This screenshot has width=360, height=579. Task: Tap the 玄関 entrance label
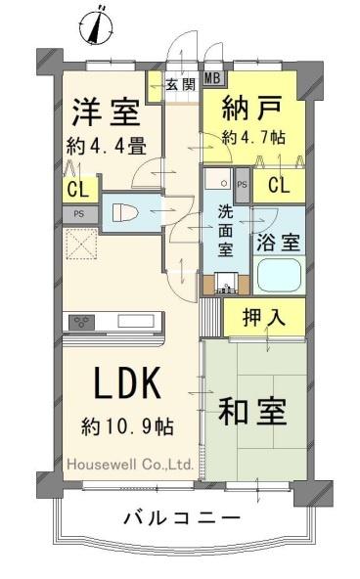click(179, 84)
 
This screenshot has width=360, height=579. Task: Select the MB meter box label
click(212, 81)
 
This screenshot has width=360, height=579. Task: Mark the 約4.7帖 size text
click(253, 138)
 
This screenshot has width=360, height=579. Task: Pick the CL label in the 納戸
click(278, 186)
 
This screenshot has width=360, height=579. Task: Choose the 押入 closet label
click(262, 318)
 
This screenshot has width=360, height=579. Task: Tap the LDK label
click(124, 385)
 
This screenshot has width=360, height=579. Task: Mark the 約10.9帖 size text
click(127, 426)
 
